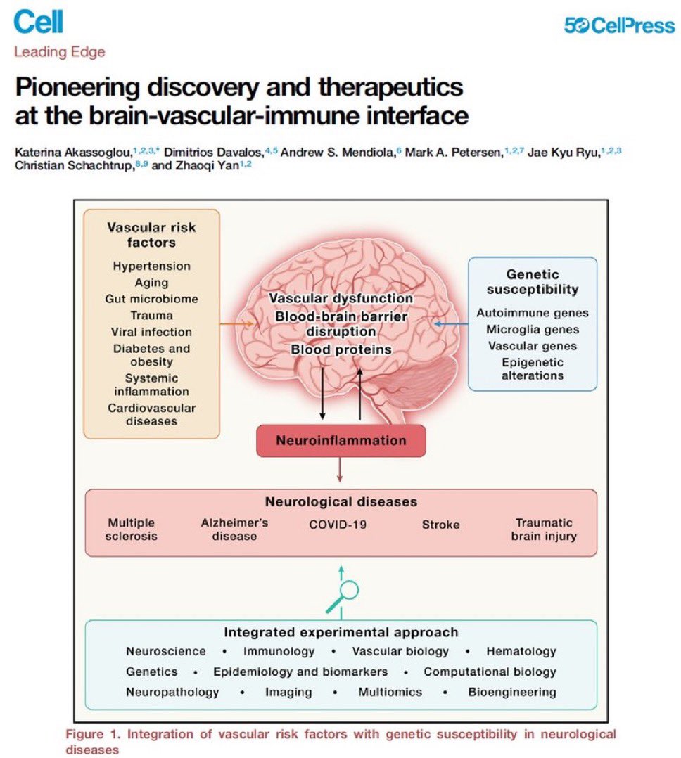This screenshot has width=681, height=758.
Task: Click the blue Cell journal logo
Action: point(39,22)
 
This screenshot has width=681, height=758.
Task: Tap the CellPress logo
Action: point(619,25)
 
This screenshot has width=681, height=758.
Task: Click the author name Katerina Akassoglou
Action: point(73,153)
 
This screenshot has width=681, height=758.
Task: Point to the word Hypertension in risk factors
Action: point(151,266)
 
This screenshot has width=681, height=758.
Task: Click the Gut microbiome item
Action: point(151,299)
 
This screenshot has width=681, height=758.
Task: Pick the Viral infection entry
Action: point(151,332)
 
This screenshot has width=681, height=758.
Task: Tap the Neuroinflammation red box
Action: point(341,440)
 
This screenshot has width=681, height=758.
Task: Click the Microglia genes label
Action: point(533,329)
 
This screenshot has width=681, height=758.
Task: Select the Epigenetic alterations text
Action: point(533,369)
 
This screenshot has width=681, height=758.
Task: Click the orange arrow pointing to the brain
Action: point(237,323)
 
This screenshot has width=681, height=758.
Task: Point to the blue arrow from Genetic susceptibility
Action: point(451,323)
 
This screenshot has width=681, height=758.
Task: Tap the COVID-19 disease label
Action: point(338,525)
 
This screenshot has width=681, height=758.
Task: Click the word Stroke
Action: point(440,525)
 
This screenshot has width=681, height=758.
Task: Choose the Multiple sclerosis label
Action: point(131,529)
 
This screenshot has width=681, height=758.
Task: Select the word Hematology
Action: point(521,652)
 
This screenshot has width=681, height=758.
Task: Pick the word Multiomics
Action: point(390,692)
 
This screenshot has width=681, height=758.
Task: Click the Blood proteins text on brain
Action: point(341,349)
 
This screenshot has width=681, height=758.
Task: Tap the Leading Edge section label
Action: point(60,52)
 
